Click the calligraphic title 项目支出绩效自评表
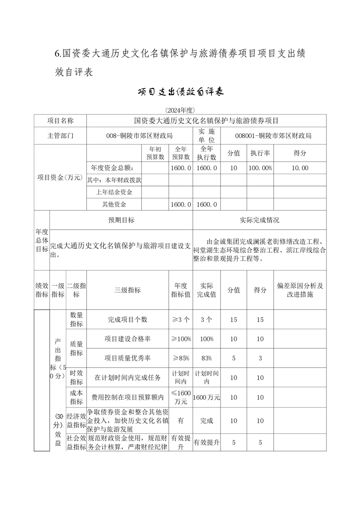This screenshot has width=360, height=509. tap(180, 92)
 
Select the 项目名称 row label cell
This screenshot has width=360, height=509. tap(60, 121)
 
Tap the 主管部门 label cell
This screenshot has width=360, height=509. tap(60, 135)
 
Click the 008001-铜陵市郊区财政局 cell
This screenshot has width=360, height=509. tap(273, 135)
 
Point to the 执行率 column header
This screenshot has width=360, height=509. tap(260, 153)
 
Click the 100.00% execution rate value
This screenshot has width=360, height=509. tap(260, 168)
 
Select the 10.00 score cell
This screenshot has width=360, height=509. tap(300, 168)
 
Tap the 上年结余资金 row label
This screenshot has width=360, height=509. tap(114, 192)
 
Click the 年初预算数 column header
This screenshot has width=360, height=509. tap(155, 153)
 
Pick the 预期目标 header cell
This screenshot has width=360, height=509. tap(121, 220)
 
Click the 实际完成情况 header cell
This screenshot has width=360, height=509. tap(259, 220)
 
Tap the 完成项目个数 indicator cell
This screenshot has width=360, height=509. tap(128, 319)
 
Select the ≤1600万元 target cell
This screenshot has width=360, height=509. tap(181, 397)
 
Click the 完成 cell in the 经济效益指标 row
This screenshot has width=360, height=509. tap(207, 421)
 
